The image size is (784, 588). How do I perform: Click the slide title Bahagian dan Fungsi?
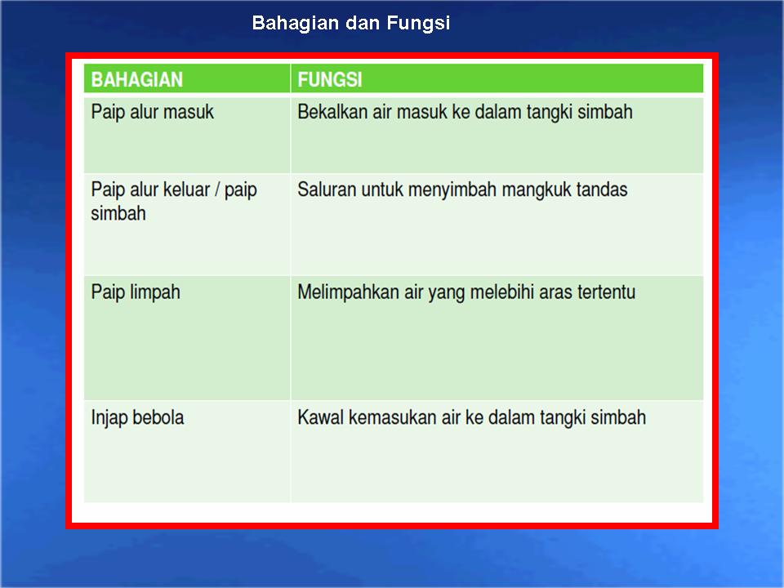coord(351,23)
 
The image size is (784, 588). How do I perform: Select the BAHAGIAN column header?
coord(137,80)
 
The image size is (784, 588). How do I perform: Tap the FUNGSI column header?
coord(330,80)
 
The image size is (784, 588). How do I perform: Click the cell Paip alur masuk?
coord(153,112)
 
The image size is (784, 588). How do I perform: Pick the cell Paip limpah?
coord(136,292)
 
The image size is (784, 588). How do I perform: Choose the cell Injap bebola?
coord(138,418)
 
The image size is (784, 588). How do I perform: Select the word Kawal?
coord(319,418)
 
